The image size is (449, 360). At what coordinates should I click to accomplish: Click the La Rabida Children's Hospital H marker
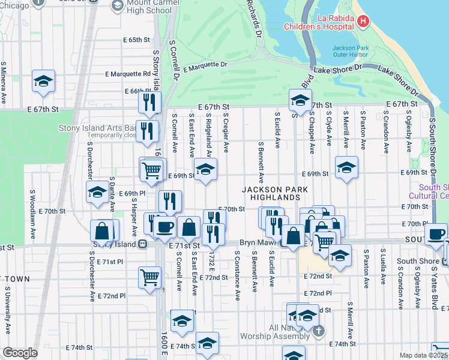(363, 22)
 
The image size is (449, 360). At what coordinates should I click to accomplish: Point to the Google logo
(20, 353)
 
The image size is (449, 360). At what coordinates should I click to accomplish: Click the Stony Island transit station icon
(143, 244)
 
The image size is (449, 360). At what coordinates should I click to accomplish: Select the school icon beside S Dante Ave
(97, 193)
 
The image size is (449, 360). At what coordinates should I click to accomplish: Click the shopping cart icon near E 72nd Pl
(149, 276)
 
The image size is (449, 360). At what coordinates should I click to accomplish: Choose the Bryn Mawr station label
(256, 246)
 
